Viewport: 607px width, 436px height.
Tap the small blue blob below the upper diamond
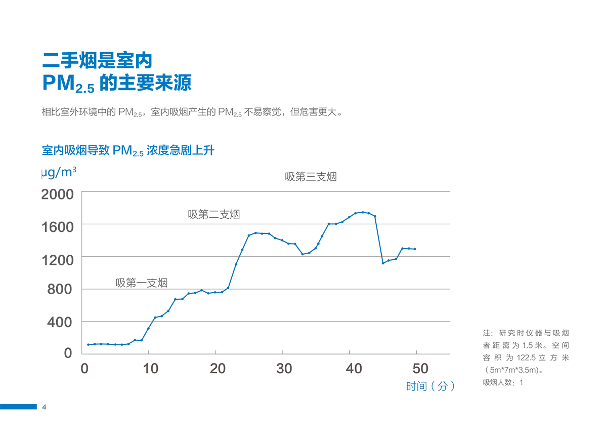(x=387, y=266)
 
